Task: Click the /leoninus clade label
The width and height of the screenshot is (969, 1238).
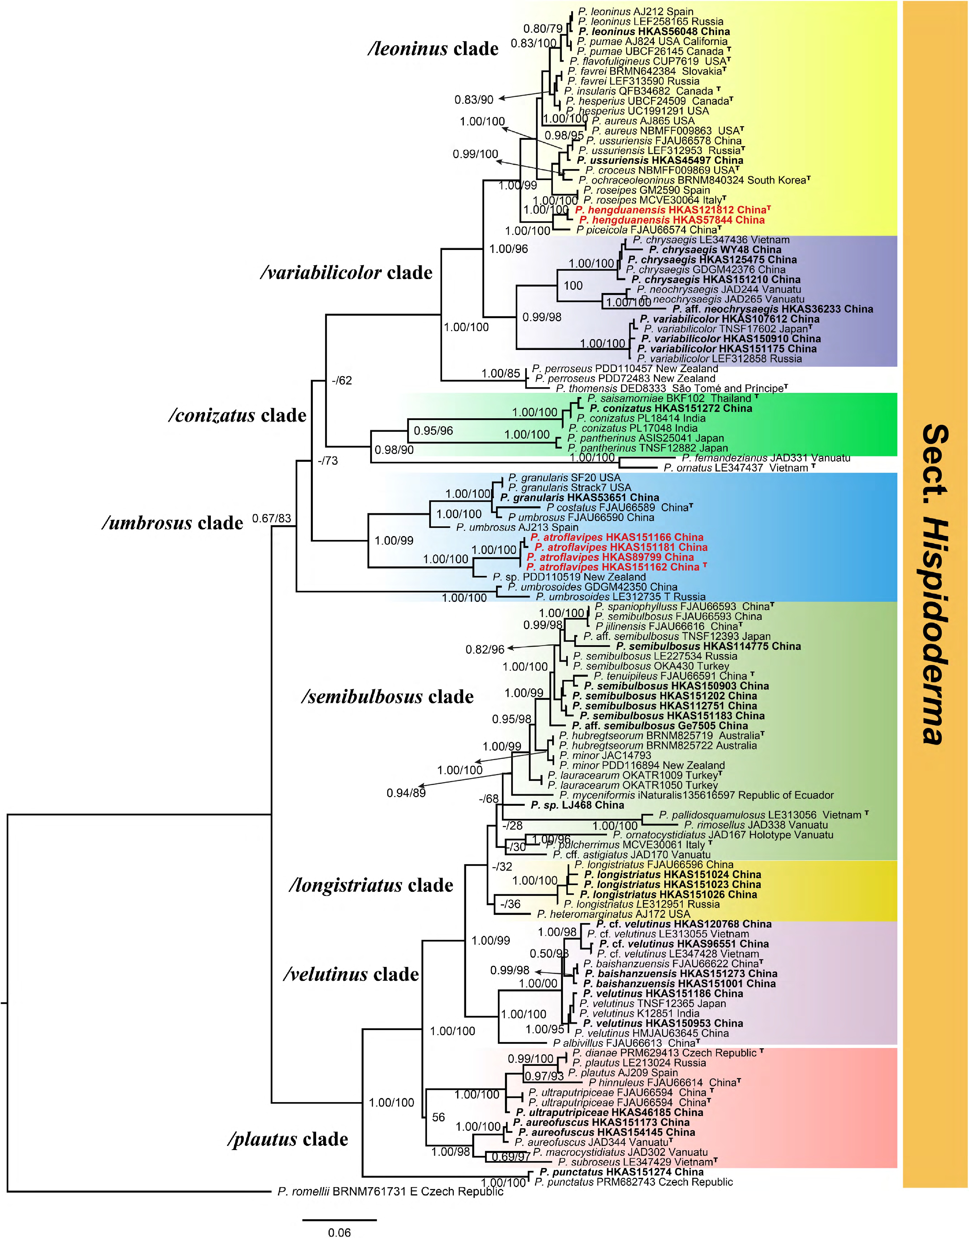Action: tap(433, 49)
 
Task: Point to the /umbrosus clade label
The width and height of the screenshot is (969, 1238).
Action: tap(173, 522)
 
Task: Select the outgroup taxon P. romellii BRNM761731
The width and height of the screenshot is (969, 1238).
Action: tap(390, 1191)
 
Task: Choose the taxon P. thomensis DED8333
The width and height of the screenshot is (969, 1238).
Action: tap(672, 388)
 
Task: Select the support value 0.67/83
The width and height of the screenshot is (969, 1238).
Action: tap(272, 518)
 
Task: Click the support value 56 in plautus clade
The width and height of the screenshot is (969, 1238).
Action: tap(438, 1117)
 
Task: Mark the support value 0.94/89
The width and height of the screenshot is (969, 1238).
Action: tap(406, 793)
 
